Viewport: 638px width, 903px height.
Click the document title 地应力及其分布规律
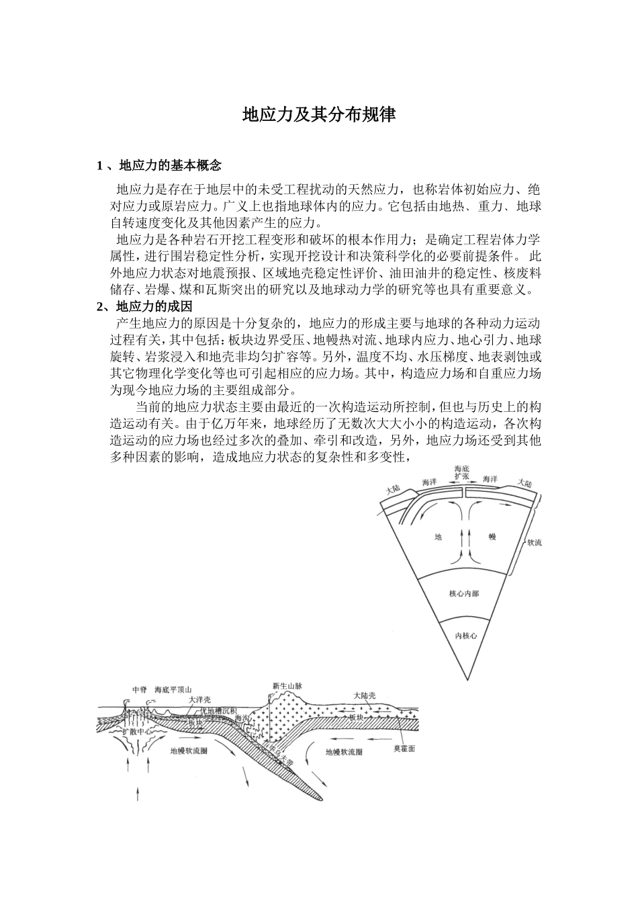[319, 115]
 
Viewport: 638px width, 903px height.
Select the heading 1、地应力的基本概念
[159, 165]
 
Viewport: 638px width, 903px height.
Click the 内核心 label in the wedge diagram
[465, 635]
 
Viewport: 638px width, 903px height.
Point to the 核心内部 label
[464, 594]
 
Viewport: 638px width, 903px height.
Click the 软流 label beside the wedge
[534, 542]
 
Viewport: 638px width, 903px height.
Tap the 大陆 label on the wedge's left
[394, 490]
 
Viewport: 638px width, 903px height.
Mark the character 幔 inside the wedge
[492, 537]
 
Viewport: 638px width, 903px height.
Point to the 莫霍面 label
[404, 748]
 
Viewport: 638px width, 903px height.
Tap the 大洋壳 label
[199, 699]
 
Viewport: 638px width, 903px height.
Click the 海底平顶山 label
[173, 690]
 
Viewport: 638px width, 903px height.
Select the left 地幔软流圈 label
[189, 751]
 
